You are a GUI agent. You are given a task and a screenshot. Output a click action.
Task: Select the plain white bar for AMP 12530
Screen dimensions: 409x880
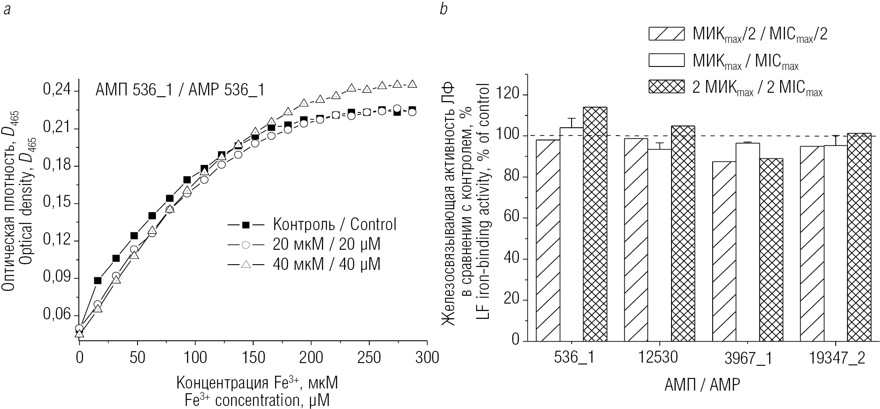tap(659, 245)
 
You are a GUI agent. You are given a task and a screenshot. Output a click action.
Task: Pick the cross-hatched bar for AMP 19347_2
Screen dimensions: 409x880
tap(859, 237)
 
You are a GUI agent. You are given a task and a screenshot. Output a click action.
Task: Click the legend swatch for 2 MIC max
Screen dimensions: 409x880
tap(666, 87)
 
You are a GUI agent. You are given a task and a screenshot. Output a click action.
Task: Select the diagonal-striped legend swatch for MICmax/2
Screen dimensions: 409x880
tap(666, 34)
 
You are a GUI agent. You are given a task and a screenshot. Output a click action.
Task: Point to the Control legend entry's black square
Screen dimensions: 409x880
tap(246, 225)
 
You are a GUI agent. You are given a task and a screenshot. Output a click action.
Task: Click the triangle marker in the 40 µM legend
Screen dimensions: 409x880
tap(246, 264)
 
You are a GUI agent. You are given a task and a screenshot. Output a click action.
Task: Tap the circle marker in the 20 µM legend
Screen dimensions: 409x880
tap(246, 245)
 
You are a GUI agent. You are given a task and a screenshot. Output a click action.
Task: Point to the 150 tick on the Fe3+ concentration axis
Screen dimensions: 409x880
tap(254, 357)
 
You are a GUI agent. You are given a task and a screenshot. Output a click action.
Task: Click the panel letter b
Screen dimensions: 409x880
tap(444, 9)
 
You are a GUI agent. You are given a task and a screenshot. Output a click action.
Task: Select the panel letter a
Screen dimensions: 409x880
tap(7, 10)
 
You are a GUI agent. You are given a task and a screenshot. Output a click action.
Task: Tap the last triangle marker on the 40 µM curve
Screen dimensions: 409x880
tap(412, 84)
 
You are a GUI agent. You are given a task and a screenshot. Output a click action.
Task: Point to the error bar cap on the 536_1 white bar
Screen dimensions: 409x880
tap(571, 118)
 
